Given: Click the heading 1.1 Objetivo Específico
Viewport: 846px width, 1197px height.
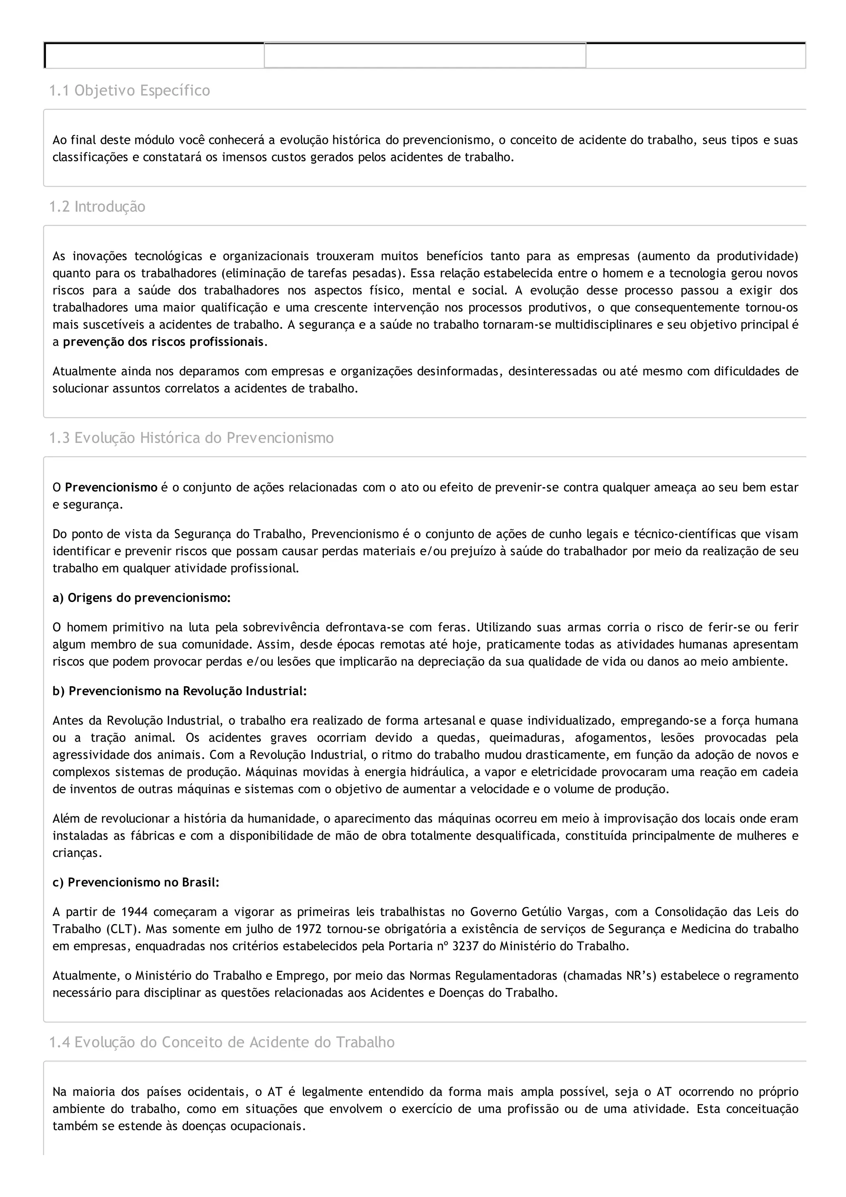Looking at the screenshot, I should pos(129,91).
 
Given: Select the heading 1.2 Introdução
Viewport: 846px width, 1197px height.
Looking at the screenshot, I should pos(97,207).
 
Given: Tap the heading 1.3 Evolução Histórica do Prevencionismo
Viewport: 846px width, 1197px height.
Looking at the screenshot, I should pos(191,438).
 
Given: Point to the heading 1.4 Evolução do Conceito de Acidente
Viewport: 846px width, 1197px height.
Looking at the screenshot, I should pos(221,1042).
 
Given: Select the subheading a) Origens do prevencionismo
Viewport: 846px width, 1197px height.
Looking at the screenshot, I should pos(141,598).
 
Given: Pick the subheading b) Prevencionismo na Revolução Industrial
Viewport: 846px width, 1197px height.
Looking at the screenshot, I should pos(180,691).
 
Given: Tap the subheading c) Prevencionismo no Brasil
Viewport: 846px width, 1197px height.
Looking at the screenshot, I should pos(136,883).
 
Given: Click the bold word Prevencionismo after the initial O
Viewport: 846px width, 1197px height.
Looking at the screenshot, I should pos(111,488).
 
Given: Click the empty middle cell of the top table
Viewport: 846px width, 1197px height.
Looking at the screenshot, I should pos(425,55).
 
